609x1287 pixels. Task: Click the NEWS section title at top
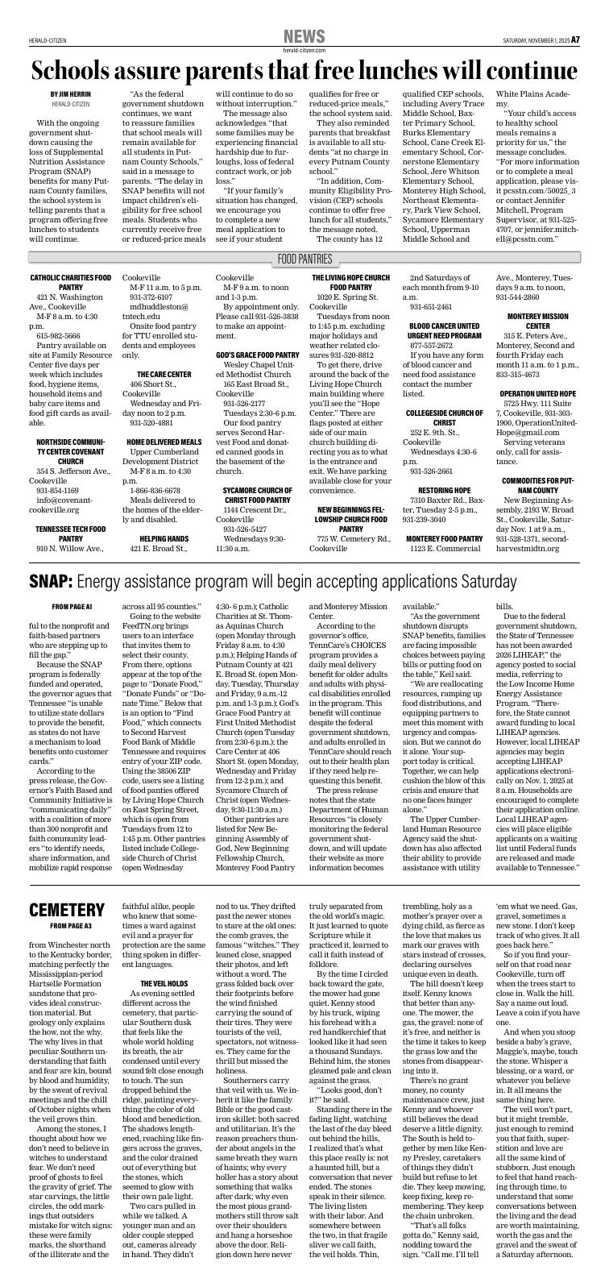coord(304,37)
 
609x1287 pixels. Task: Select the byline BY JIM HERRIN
coord(71,94)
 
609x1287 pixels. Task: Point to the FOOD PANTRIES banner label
coord(304,259)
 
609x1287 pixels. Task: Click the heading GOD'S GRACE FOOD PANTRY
coord(257,355)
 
